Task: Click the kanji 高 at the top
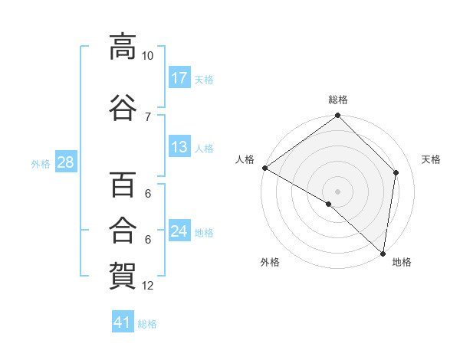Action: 123,47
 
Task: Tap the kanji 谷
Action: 123,107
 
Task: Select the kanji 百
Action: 123,185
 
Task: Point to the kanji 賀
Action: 123,276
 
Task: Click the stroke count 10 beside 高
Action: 147,56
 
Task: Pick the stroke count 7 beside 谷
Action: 148,117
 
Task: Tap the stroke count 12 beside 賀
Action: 147,286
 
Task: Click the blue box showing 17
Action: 179,77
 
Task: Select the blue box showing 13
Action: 179,146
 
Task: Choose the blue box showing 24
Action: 179,230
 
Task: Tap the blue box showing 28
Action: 66,162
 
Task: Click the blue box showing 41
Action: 123,321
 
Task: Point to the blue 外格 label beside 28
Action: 41,164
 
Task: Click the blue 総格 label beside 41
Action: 147,324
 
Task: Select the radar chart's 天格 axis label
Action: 431,159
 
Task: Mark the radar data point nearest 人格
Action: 265,168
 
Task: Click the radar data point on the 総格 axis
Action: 337,115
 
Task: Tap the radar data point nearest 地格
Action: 383,254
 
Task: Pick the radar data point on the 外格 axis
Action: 329,204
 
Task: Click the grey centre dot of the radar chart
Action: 337,191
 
